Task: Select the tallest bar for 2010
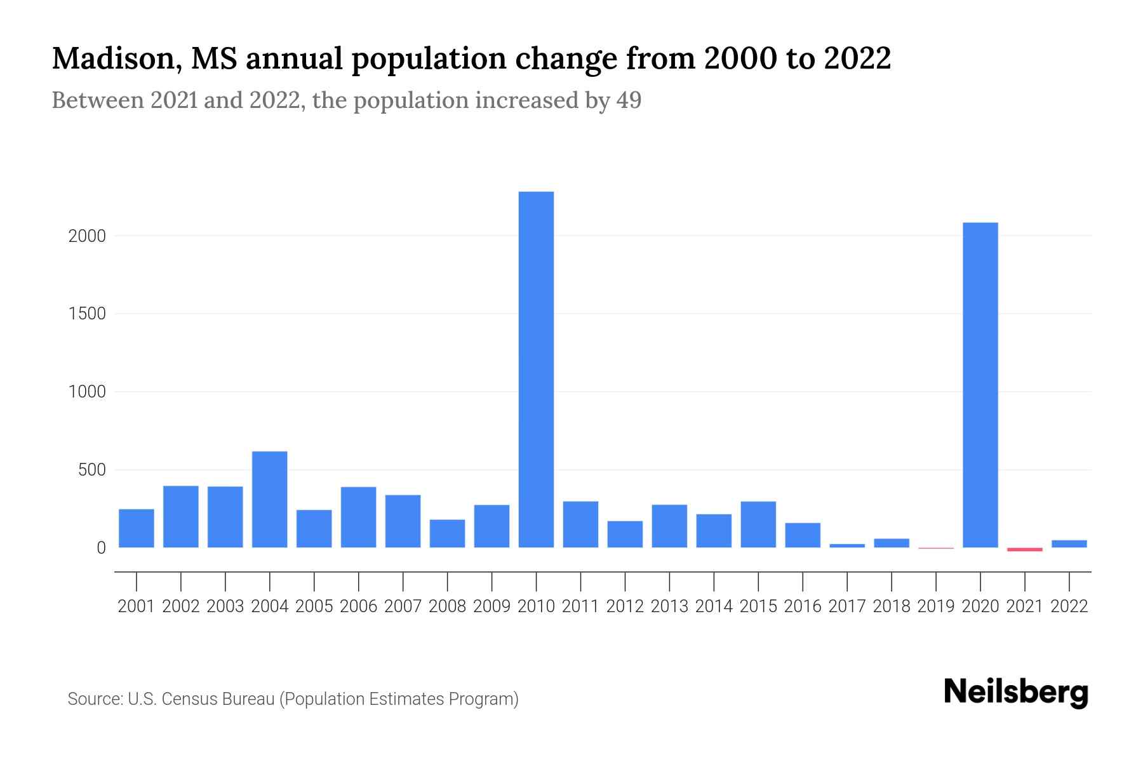536,370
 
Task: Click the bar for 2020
980,385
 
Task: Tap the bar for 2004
269,499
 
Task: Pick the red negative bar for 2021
1025,549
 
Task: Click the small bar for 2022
1069,544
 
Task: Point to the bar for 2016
803,535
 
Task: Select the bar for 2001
136,528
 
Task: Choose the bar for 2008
447,533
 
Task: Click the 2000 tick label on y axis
86,236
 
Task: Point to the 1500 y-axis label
86,314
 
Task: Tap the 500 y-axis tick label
91,471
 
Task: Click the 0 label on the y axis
101,548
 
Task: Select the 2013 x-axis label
669,606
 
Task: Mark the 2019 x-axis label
936,606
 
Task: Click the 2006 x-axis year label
358,606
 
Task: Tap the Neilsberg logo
1016,692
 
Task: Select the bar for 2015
758,525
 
